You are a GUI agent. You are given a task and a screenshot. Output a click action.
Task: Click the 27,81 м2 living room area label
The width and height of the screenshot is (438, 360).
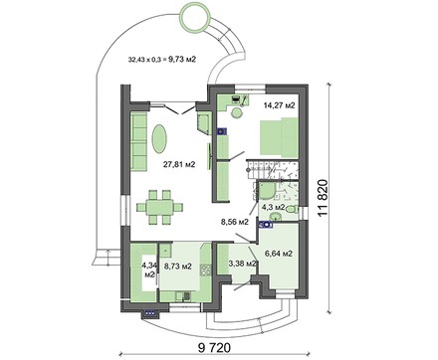point(179,164)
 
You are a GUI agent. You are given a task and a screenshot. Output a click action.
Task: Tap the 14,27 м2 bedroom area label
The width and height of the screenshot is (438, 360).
point(279,105)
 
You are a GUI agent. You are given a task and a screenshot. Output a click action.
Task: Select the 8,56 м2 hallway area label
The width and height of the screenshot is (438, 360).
point(235,222)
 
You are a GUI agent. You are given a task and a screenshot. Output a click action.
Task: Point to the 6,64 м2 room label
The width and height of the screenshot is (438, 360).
point(279,254)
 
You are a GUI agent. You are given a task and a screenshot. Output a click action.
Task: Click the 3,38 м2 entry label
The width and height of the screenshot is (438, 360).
point(243,264)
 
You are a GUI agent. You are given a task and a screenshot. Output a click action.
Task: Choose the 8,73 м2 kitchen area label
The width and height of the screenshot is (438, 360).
point(178,266)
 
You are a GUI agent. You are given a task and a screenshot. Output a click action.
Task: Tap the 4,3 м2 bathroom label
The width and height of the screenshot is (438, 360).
point(273,207)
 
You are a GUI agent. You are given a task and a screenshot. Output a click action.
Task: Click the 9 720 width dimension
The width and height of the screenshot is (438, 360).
point(214,348)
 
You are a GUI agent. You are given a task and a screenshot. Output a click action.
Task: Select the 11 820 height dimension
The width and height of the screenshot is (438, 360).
point(323,198)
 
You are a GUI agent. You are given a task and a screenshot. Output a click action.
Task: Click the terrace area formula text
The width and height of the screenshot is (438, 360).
point(162,60)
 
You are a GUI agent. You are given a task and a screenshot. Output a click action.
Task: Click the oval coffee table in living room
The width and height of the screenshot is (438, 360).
point(159,138)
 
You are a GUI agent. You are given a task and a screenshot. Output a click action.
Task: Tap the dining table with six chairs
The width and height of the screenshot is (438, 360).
point(159,207)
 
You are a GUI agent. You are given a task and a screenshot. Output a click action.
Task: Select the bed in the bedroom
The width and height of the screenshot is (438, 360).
point(279,136)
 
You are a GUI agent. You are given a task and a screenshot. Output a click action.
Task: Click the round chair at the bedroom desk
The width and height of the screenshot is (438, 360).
point(237,113)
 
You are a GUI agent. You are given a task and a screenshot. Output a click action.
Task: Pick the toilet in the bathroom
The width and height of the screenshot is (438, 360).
point(291,210)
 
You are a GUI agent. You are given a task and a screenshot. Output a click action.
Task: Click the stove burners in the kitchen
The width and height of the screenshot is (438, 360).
point(206,270)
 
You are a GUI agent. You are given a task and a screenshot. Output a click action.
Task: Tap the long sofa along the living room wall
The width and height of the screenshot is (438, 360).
point(138,141)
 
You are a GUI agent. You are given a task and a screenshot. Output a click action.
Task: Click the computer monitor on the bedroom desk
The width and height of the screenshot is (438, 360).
point(235,98)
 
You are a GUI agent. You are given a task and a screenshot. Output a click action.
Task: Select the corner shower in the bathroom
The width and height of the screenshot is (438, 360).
point(266,191)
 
